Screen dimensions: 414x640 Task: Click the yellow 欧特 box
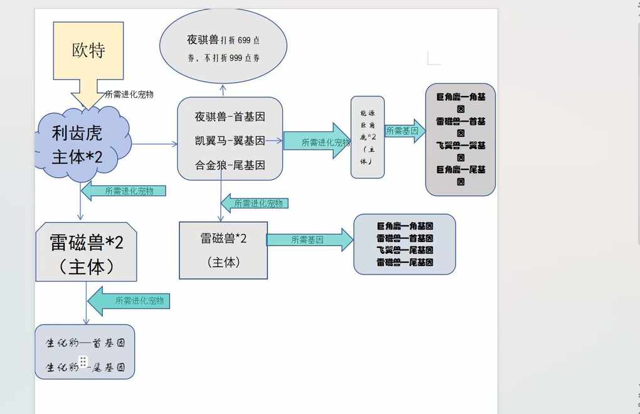click(88, 51)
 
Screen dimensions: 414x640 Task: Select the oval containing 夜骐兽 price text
click(223, 48)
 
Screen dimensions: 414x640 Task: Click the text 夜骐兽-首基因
click(230, 117)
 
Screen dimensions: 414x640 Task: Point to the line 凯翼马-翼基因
click(230, 141)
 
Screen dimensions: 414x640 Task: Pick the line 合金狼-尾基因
click(230, 165)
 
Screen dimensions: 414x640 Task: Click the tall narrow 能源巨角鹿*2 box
click(367, 137)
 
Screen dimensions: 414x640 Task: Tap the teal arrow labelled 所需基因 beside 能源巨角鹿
click(405, 131)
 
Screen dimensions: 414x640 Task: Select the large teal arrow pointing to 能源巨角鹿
click(316, 141)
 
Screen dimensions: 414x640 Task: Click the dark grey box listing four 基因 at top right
click(461, 139)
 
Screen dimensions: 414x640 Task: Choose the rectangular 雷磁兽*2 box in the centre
click(223, 250)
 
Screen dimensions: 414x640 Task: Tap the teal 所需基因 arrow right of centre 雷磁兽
click(310, 240)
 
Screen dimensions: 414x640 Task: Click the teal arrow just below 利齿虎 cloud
click(124, 191)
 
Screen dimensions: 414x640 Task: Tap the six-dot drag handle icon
click(83, 361)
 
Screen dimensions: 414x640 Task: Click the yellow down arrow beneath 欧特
click(88, 94)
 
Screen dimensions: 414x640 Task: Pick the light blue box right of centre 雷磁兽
click(405, 244)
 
